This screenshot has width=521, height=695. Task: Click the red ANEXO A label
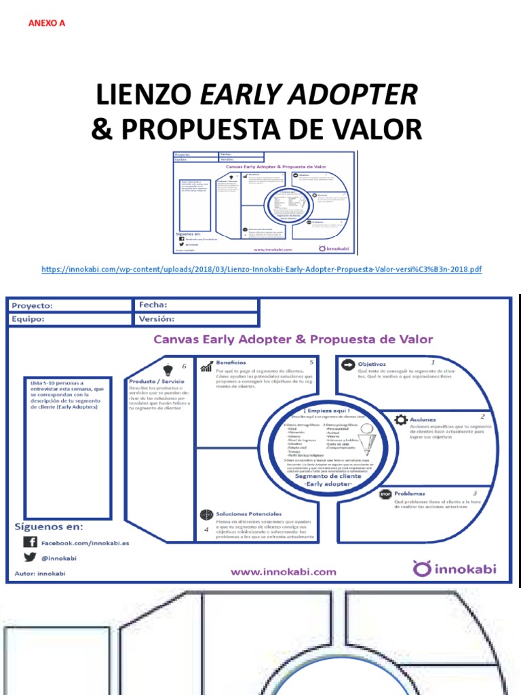click(x=47, y=23)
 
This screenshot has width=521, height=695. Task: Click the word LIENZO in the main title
click(x=143, y=96)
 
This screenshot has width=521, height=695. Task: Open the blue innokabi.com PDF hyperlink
click(x=261, y=269)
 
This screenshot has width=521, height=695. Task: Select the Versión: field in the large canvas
click(x=195, y=319)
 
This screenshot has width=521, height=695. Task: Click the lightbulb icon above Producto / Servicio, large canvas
click(x=168, y=367)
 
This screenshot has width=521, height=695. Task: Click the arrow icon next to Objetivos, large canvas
click(x=347, y=364)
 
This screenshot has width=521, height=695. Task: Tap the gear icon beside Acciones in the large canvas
click(x=400, y=419)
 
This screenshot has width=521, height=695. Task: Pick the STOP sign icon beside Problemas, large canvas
click(x=386, y=494)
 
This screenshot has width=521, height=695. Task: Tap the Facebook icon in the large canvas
click(x=30, y=542)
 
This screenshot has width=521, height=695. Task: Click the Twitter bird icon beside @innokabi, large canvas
click(x=30, y=558)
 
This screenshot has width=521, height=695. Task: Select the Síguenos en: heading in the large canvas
click(x=49, y=527)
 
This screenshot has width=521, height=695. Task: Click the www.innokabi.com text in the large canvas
click(x=283, y=571)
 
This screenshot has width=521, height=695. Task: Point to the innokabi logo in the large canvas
click(x=455, y=567)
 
